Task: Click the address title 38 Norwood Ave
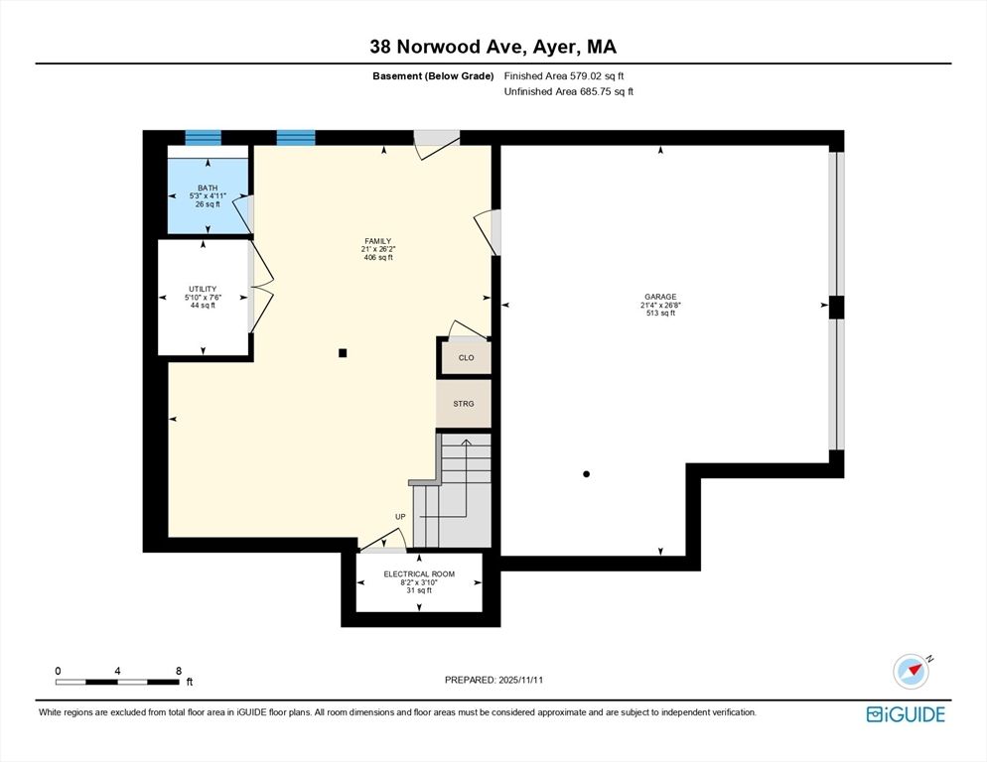coord(493,46)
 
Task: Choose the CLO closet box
coord(466,357)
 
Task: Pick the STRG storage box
coord(464,404)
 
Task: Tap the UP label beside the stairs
coord(401,517)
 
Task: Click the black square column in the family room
coord(343,352)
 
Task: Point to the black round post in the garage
coord(587,474)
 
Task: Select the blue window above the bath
coord(204,138)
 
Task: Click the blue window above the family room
coord(295,138)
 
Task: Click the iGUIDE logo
coord(905,714)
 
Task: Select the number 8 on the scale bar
coord(178,671)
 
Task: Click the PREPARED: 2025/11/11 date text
coord(493,680)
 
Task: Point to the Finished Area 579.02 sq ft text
coord(564,75)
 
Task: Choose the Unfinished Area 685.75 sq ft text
coord(568,91)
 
